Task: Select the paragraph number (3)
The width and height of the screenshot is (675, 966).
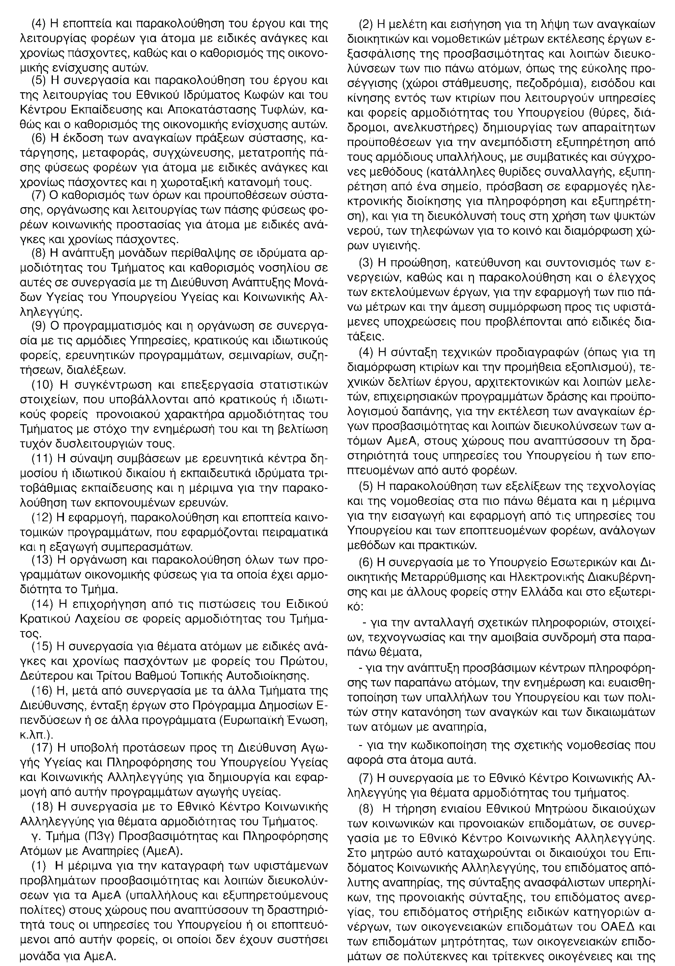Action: coord(366,263)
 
